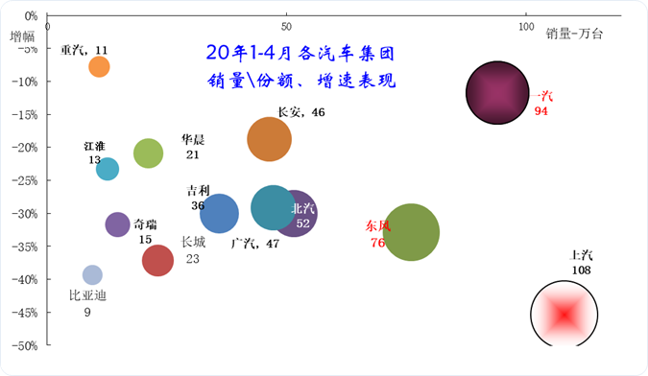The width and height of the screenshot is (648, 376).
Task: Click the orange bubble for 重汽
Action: (x=99, y=66)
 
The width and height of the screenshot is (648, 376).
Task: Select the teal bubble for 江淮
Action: (x=108, y=169)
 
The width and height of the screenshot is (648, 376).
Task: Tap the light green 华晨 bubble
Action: (x=148, y=153)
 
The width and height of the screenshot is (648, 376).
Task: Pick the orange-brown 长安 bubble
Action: (x=269, y=139)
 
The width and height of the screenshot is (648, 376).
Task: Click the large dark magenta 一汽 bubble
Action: (x=498, y=93)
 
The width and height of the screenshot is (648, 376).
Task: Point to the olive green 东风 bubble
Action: (x=411, y=232)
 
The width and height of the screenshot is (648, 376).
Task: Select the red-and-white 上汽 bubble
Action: (x=564, y=313)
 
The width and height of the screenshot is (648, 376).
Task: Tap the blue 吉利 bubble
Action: (x=219, y=213)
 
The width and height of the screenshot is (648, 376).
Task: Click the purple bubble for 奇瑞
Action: (x=117, y=224)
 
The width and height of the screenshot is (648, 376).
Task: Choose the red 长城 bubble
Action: (x=157, y=259)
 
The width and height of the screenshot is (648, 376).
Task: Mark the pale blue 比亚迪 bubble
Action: (x=92, y=275)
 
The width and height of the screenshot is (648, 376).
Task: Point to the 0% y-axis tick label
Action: (x=30, y=16)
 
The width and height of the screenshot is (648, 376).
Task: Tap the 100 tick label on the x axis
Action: (x=525, y=24)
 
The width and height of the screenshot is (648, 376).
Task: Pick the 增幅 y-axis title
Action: (x=23, y=37)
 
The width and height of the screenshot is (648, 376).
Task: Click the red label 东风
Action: (x=377, y=227)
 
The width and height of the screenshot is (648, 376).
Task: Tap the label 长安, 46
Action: (x=300, y=113)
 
